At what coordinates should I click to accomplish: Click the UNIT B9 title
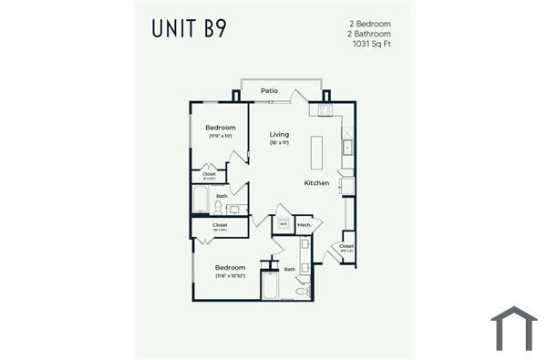pyautogui.click(x=190, y=28)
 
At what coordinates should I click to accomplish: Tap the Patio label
pyautogui.click(x=269, y=91)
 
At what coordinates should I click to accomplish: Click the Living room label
pyautogui.click(x=279, y=135)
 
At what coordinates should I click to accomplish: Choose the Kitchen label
pyautogui.click(x=316, y=183)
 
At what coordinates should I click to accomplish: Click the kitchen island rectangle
pyautogui.click(x=317, y=152)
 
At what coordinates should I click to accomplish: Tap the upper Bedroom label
pyautogui.click(x=220, y=128)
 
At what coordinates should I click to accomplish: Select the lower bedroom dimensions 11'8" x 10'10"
pyautogui.click(x=230, y=275)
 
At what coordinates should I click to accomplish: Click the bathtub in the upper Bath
pyautogui.click(x=201, y=201)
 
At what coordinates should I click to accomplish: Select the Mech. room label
pyautogui.click(x=304, y=224)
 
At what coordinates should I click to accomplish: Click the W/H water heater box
pyautogui.click(x=284, y=224)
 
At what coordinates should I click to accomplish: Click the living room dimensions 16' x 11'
pyautogui.click(x=279, y=143)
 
